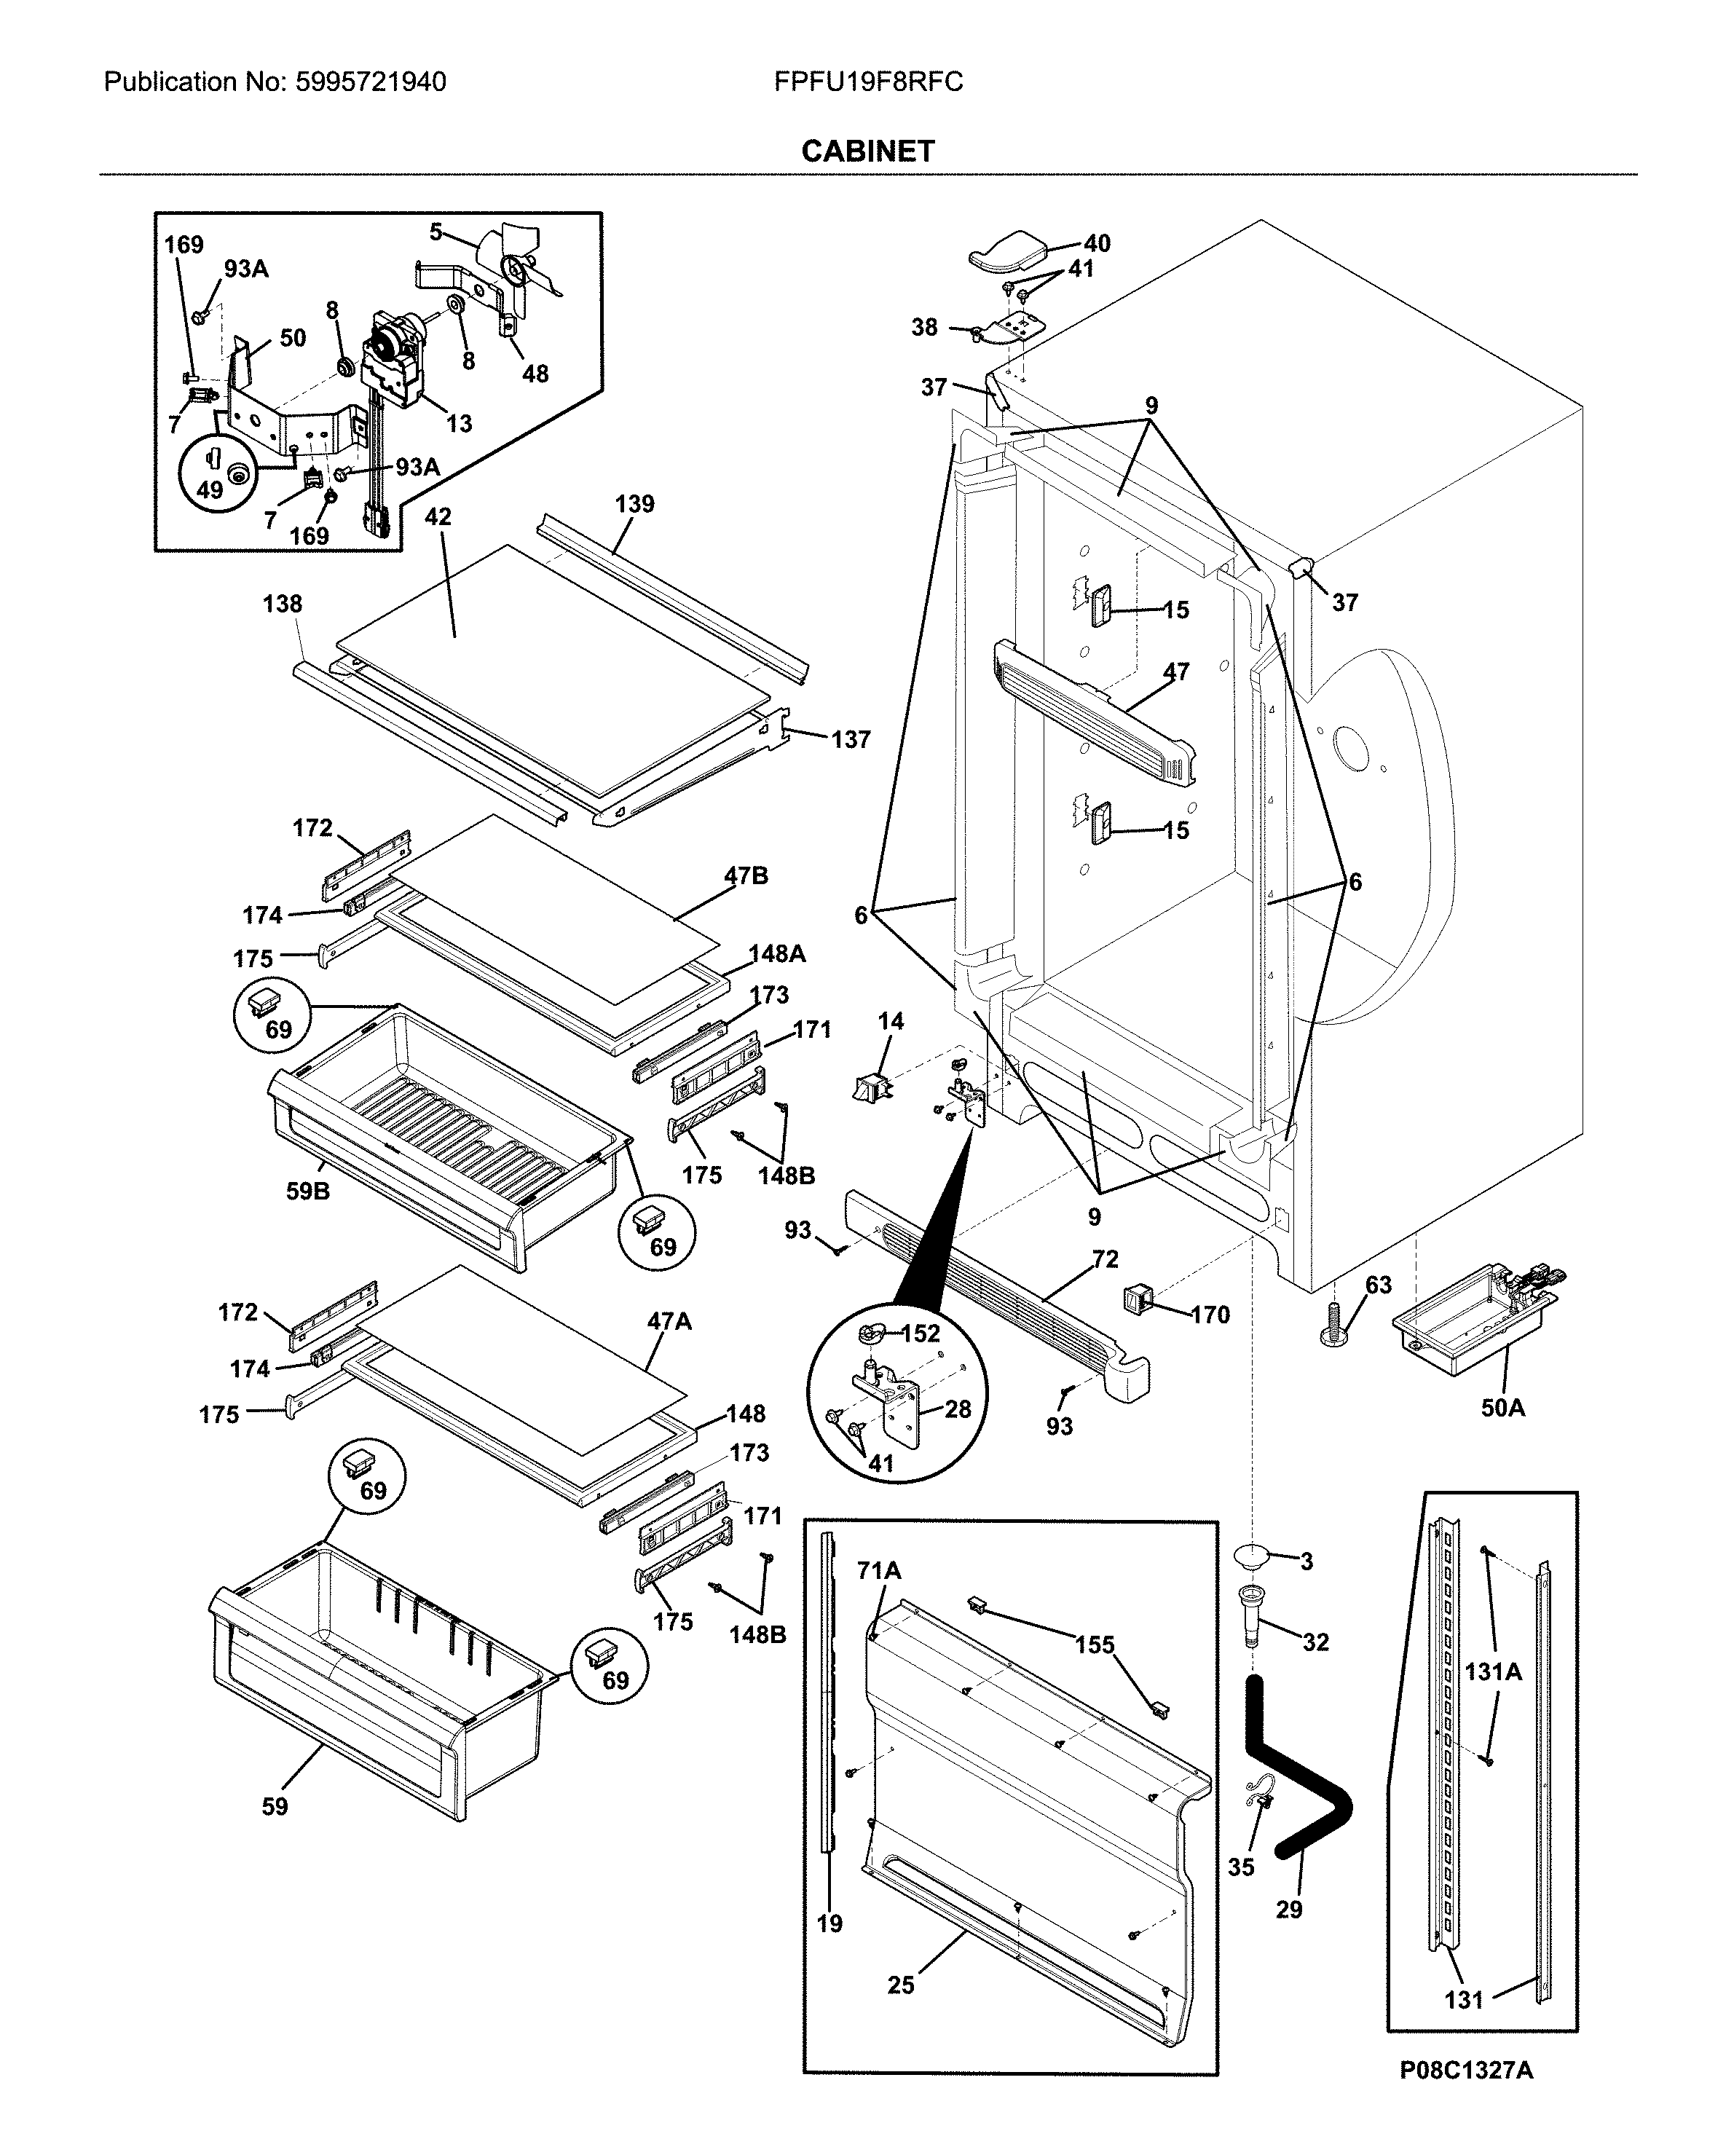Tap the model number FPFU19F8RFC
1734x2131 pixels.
868,82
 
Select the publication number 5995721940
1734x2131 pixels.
371,82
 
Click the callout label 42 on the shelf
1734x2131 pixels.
438,516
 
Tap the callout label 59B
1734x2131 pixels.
307,1191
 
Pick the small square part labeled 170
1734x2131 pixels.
1135,1299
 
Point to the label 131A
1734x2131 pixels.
1493,1671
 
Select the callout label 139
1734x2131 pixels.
634,503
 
